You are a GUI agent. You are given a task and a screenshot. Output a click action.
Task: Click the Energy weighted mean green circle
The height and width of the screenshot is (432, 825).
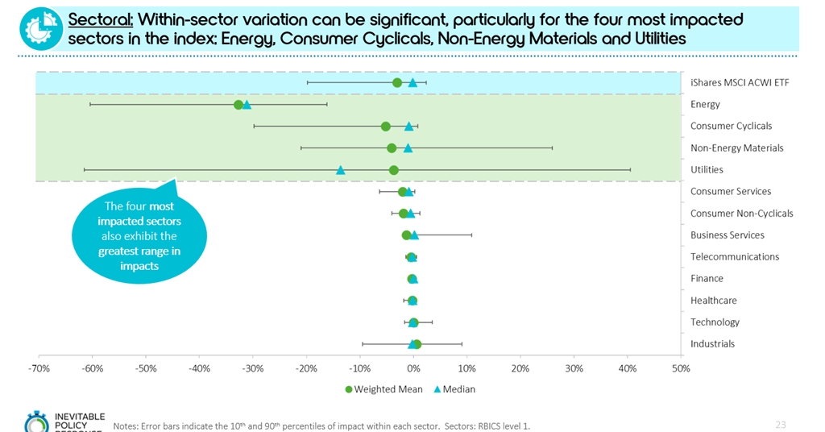click(x=238, y=105)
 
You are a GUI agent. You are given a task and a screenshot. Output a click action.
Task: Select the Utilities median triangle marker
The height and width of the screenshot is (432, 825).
click(x=340, y=170)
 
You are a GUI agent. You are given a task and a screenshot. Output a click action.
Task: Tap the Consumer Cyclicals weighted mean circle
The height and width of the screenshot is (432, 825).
click(x=386, y=127)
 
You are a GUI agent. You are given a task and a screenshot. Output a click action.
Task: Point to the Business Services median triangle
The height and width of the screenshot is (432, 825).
click(x=414, y=235)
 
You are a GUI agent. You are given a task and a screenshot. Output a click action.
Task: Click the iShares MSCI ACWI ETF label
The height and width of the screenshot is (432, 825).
click(x=740, y=82)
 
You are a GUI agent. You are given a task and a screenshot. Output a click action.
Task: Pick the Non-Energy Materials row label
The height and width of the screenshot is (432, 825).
click(x=736, y=148)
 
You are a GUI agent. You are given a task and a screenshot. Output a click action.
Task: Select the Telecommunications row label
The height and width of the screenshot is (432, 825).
click(x=735, y=257)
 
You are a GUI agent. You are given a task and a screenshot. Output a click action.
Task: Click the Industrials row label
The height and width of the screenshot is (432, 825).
click(x=712, y=344)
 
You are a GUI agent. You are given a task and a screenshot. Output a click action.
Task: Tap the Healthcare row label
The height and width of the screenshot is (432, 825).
click(x=713, y=301)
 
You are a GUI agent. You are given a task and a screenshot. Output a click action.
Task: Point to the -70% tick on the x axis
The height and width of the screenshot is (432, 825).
click(x=39, y=368)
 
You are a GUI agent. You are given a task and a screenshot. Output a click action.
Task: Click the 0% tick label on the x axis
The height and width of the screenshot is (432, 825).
click(x=413, y=368)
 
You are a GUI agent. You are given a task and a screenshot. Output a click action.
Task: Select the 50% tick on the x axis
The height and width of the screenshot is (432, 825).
click(x=681, y=368)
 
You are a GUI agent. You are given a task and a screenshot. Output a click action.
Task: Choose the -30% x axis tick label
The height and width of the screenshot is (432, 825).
click(x=253, y=368)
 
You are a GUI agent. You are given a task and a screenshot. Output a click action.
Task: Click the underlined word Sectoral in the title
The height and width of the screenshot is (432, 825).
click(x=100, y=19)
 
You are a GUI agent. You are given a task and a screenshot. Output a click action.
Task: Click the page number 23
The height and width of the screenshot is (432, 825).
click(x=780, y=425)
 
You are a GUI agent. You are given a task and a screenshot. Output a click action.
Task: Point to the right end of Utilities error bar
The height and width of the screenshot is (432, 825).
click(x=630, y=170)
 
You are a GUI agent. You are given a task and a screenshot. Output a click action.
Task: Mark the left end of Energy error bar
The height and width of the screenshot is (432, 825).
click(x=90, y=105)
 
